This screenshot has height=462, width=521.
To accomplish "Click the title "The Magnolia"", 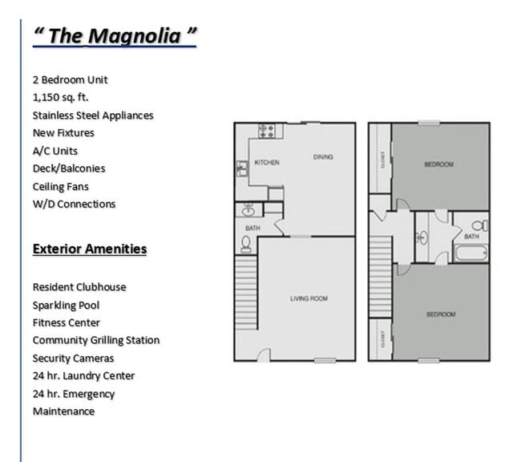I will (115, 36).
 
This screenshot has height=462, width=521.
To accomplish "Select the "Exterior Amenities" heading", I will (90, 249).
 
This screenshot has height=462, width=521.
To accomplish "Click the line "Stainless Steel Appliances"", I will (93, 115).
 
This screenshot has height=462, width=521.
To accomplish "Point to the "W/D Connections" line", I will (74, 204).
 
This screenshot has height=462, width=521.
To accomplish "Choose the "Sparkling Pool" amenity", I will (67, 305).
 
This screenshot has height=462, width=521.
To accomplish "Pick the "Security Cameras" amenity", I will (74, 358).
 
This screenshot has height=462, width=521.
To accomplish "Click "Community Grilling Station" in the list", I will (96, 340).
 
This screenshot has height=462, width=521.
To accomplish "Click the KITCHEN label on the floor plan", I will (267, 163).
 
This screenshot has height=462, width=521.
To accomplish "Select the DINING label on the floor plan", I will (322, 157).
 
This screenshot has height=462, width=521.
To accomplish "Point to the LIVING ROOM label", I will (309, 298).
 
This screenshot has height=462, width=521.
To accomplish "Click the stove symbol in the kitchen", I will (266, 130).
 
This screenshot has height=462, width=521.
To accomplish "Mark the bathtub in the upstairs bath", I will (471, 253).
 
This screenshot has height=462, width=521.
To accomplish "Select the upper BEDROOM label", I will (438, 164).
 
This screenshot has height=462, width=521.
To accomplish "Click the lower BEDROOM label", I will (440, 314).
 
